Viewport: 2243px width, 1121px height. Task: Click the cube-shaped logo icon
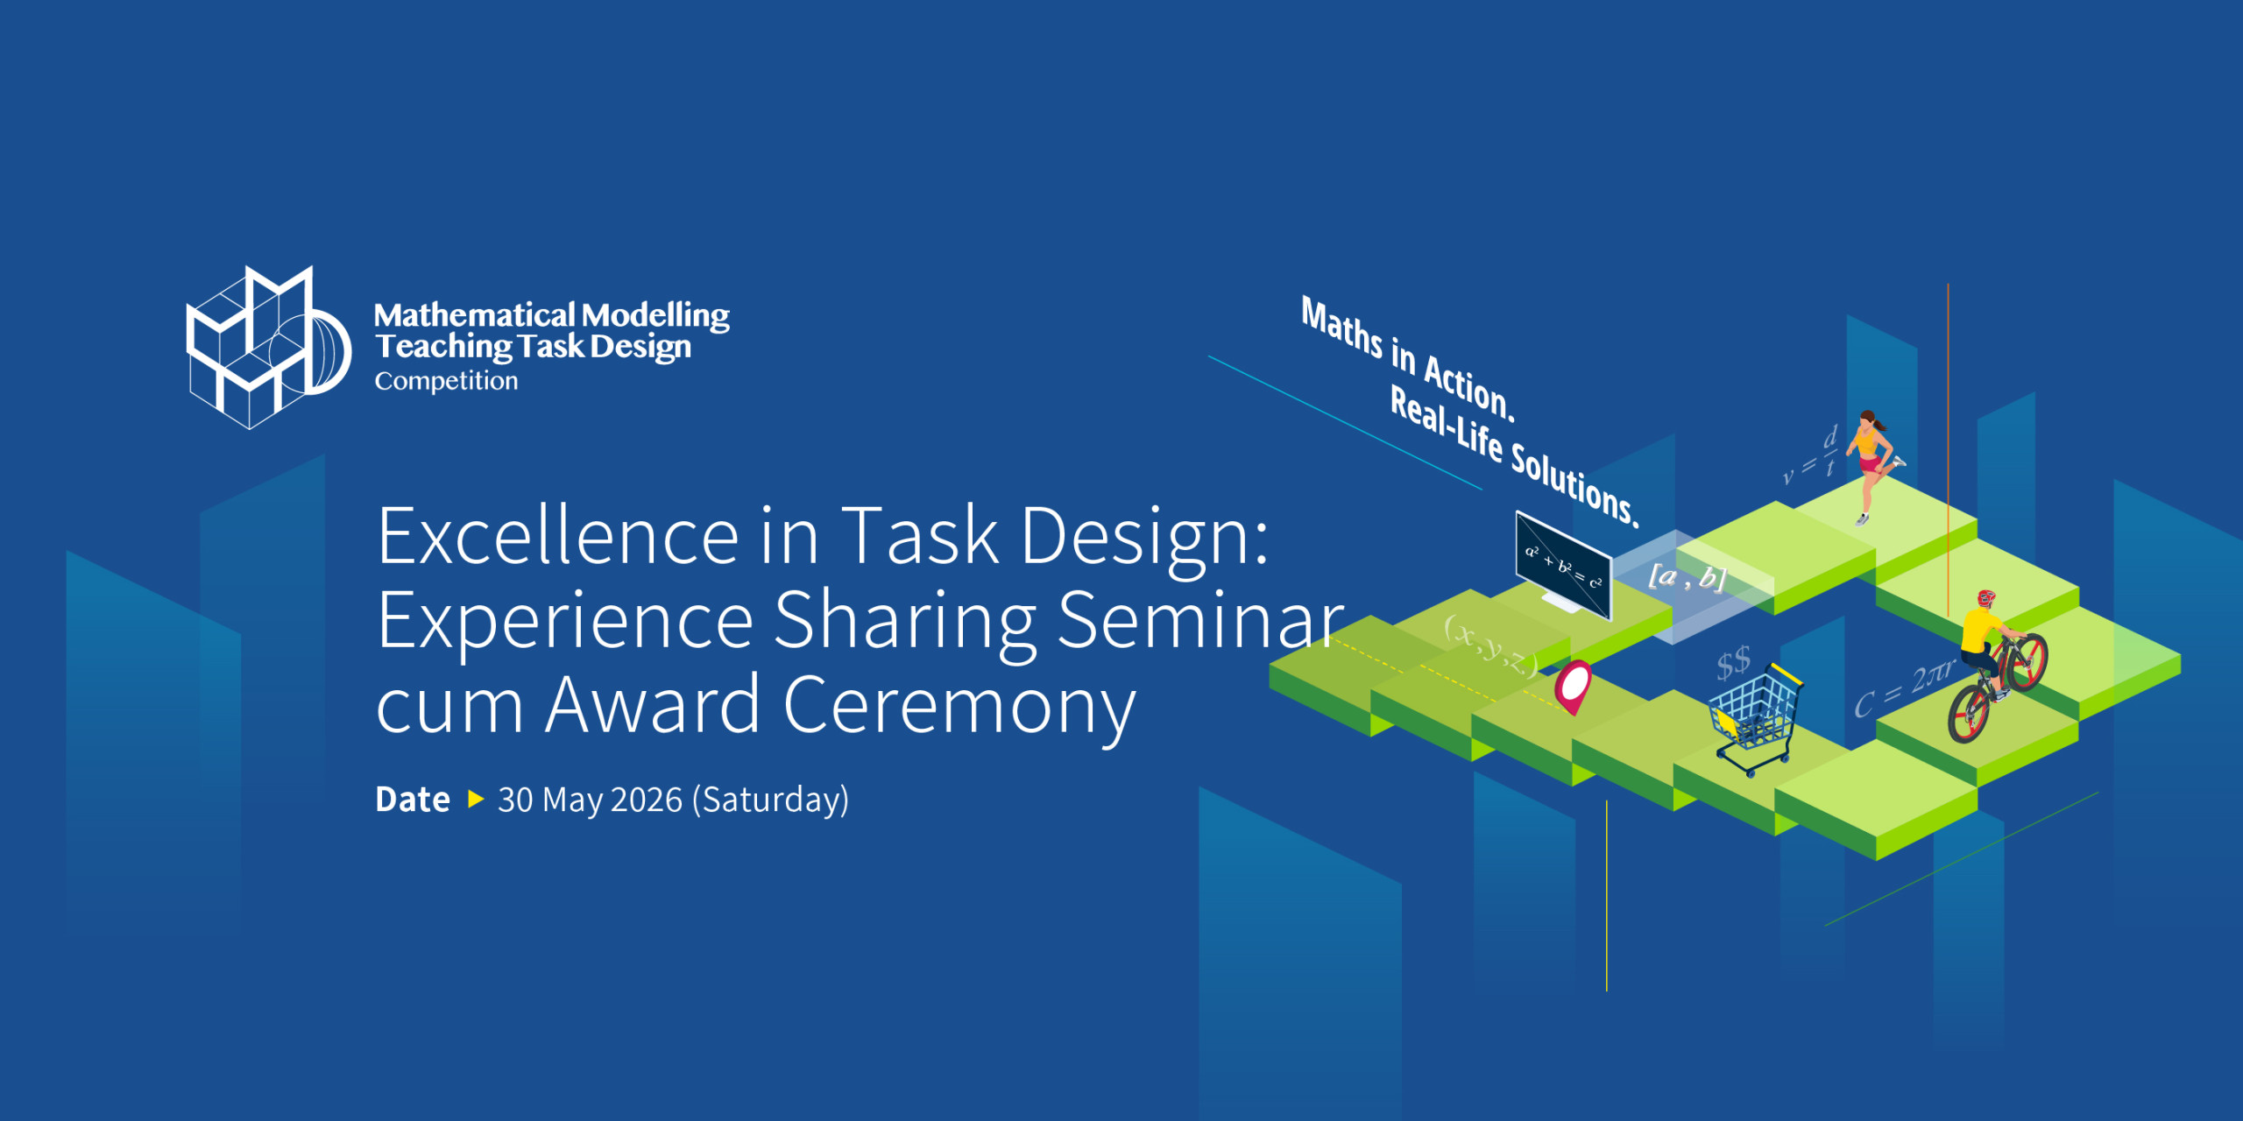[x=268, y=347]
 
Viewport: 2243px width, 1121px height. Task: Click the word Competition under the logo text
[x=446, y=381]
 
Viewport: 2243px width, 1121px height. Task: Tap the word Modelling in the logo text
[x=655, y=315]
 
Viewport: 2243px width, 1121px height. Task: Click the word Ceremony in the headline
[x=959, y=704]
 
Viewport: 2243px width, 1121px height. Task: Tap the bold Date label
[x=413, y=800]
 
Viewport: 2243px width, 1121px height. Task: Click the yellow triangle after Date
[x=476, y=799]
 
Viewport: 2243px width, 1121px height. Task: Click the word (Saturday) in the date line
[x=770, y=800]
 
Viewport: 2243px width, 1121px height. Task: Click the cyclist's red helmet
[x=1986, y=598]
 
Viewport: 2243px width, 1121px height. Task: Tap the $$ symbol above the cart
[x=1733, y=663]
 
